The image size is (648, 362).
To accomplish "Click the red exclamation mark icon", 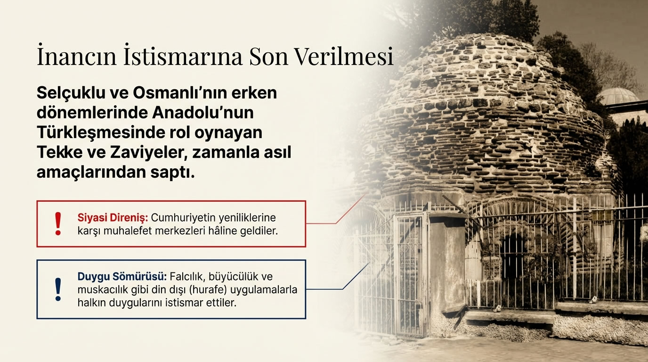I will (58, 223).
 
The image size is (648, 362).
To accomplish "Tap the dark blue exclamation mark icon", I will (58, 289).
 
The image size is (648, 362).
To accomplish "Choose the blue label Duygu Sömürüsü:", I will (122, 277).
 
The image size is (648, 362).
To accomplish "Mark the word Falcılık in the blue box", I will (189, 277).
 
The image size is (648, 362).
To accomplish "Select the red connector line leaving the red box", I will (325, 223).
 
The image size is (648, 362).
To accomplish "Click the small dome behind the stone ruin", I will (618, 95).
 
